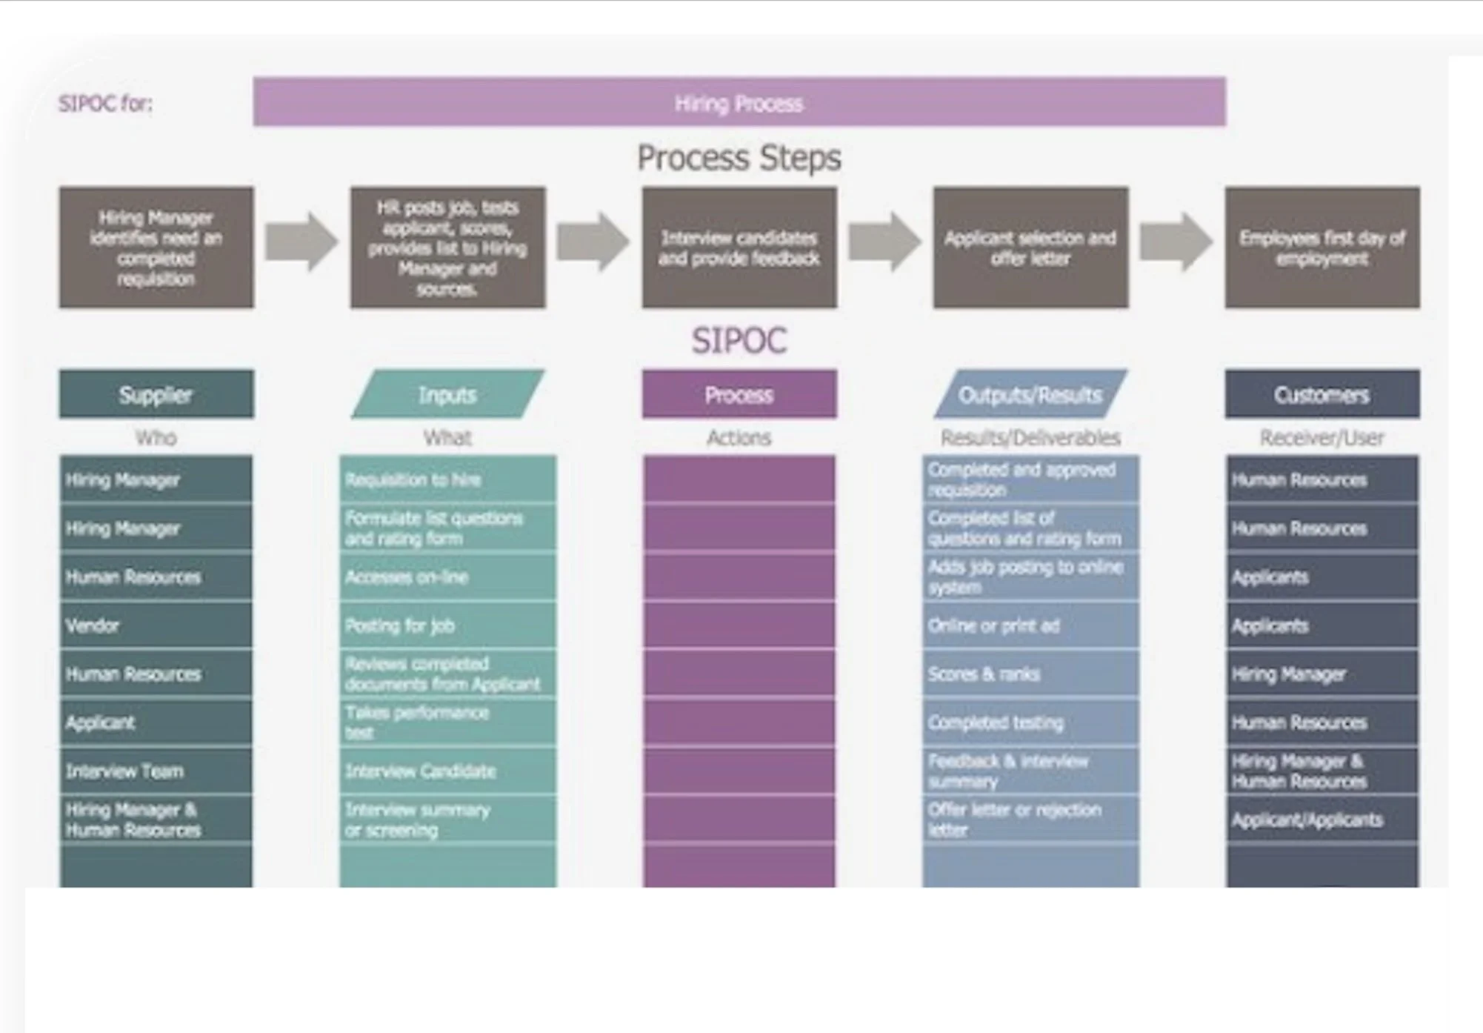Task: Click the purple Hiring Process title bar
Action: click(739, 102)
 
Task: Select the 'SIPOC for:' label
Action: click(105, 103)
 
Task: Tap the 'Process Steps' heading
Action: click(739, 158)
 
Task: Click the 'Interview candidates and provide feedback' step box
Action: click(739, 248)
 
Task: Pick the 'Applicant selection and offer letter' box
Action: click(1030, 248)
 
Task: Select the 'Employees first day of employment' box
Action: click(1322, 248)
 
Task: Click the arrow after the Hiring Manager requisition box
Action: click(301, 242)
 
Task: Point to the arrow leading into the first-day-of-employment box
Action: click(1176, 242)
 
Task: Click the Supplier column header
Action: click(156, 395)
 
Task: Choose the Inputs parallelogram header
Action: click(447, 395)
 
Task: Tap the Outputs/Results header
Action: click(1030, 395)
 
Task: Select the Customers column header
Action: click(1322, 395)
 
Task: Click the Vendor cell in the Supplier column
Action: click(156, 625)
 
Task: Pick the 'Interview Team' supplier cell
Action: click(156, 771)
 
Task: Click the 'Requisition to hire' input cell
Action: click(447, 479)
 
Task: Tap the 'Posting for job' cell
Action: click(447, 625)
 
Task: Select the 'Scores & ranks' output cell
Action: click(1030, 674)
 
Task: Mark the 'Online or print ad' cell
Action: click(1030, 625)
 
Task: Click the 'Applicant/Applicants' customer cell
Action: click(1322, 820)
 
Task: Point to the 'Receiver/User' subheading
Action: click(1322, 438)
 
